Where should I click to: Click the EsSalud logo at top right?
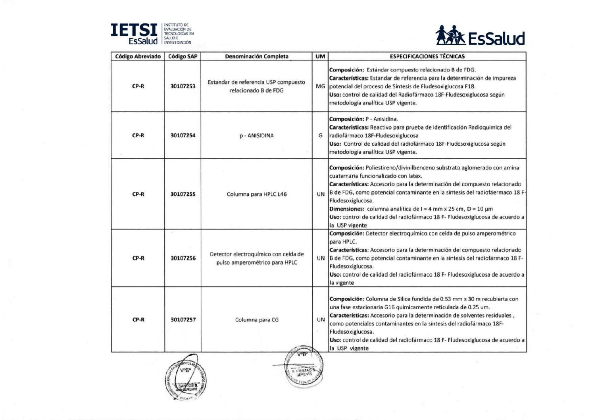pos(480,36)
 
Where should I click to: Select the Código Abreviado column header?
pos(138,56)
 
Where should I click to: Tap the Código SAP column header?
pos(183,56)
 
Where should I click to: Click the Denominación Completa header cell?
pos(256,56)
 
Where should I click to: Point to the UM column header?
pos(320,56)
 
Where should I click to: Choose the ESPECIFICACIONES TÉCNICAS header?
pos(427,56)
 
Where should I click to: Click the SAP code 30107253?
pos(183,86)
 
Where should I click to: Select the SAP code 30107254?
pos(183,135)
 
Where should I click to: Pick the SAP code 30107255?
pos(183,194)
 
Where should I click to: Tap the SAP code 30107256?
pos(183,258)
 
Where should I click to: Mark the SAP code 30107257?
pos(183,320)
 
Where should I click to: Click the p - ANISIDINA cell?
pos(256,135)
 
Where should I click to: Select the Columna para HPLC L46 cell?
pos(256,194)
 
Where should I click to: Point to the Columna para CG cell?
pos(256,320)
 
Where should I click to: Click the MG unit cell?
pos(320,86)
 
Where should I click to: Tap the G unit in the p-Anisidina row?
pos(320,135)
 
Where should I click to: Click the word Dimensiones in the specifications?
pos(346,209)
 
